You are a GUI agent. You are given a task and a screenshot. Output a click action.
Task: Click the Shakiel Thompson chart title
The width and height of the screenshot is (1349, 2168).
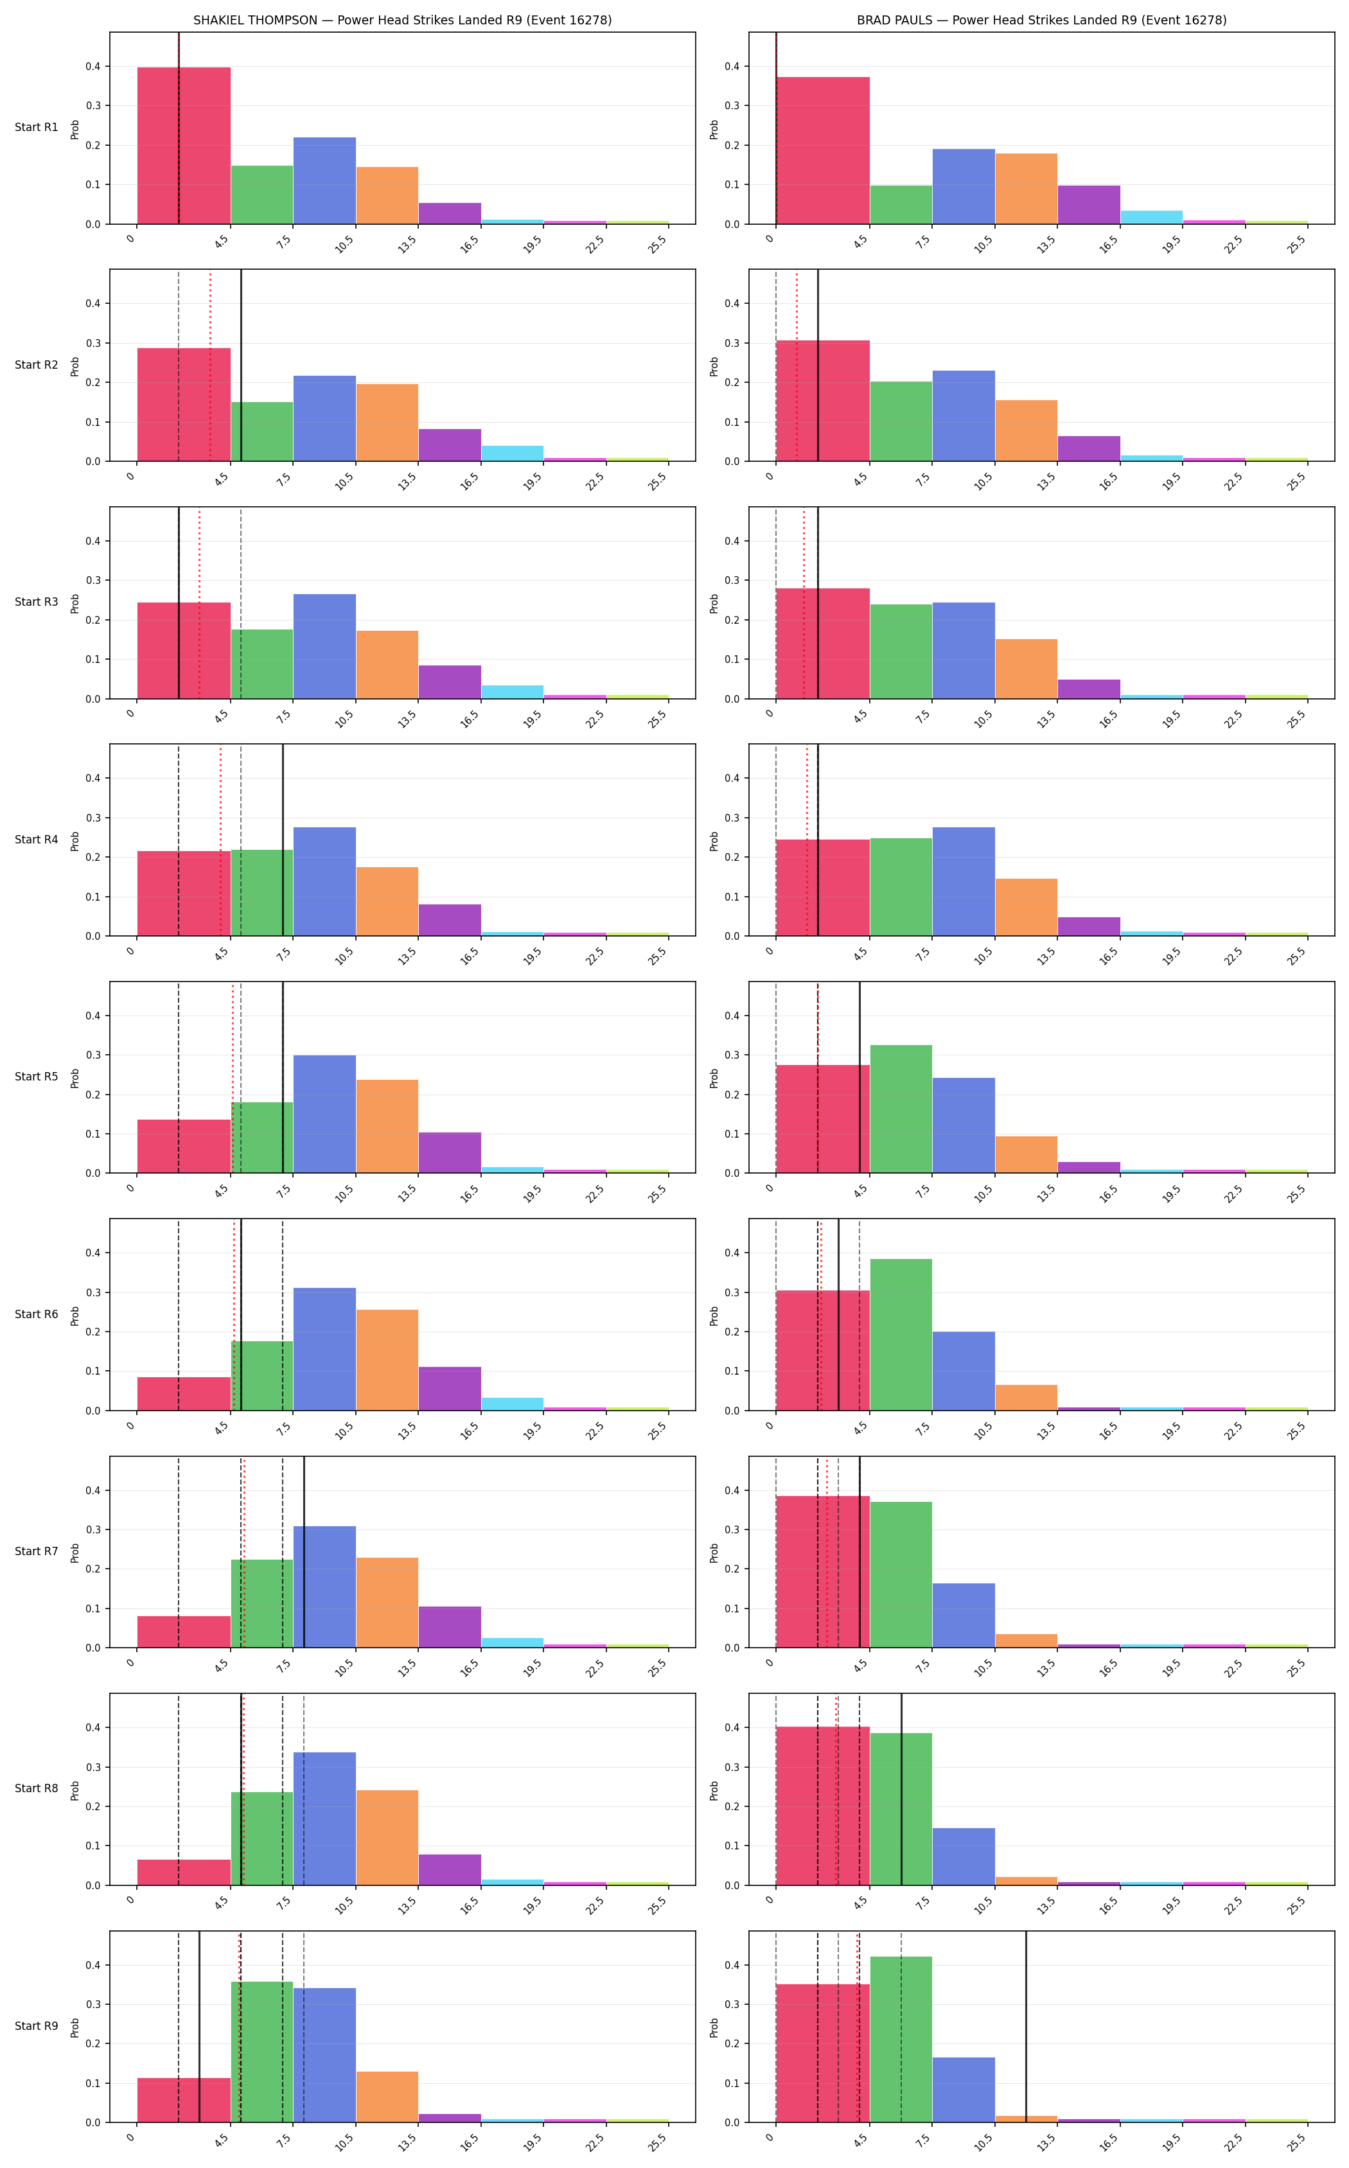[402, 20]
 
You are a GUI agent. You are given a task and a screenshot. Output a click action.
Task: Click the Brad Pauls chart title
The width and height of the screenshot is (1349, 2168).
[1041, 20]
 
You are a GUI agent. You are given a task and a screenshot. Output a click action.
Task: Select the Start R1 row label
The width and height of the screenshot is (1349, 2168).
[37, 128]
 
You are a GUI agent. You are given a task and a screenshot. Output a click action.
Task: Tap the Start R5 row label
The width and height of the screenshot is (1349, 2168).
[37, 1077]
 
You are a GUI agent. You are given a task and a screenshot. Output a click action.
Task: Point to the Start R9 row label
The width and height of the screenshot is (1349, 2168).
[37, 2026]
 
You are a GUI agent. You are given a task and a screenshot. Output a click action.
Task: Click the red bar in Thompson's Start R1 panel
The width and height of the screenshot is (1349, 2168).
[184, 145]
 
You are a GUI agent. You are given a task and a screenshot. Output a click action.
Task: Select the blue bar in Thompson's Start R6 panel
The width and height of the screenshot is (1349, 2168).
[325, 1349]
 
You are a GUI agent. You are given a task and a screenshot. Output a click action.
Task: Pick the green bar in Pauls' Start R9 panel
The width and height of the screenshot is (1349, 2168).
[901, 2040]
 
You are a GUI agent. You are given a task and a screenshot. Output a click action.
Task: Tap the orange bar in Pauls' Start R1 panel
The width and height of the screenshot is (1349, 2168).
[1026, 189]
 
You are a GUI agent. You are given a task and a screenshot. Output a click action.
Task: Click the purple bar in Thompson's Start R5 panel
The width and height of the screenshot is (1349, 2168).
[450, 1152]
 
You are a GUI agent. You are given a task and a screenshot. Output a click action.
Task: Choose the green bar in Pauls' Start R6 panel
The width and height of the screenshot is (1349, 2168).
[901, 1335]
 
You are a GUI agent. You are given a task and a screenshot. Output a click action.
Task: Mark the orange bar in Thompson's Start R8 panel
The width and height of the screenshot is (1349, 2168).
[387, 1838]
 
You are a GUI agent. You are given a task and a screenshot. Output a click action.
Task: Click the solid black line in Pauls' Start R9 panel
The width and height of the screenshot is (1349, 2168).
[1026, 2026]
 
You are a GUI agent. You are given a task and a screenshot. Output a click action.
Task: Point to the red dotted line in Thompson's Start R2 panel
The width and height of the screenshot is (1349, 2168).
[211, 366]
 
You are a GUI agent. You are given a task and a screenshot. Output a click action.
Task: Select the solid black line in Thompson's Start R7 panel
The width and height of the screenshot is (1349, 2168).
[304, 1553]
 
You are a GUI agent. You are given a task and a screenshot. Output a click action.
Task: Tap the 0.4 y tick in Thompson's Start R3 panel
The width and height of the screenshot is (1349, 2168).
[93, 541]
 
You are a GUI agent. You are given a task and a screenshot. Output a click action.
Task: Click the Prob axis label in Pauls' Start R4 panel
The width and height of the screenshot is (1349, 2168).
[714, 840]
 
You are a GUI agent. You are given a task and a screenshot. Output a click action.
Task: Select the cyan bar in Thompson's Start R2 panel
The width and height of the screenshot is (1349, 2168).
[512, 454]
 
